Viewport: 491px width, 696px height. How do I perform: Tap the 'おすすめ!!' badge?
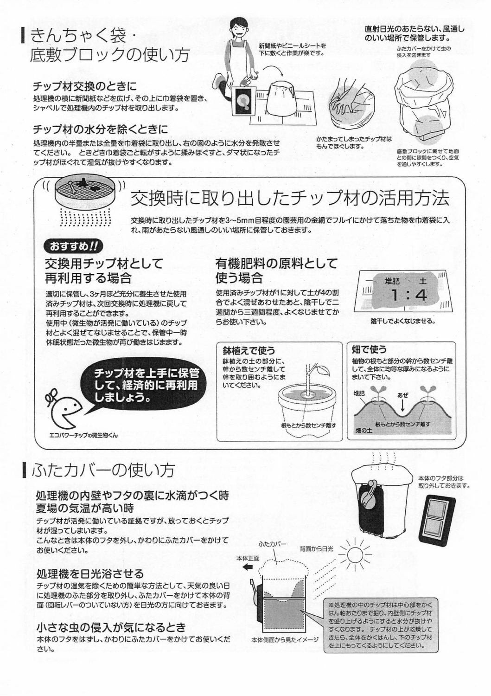[x=74, y=247]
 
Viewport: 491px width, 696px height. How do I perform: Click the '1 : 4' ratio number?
[x=408, y=295]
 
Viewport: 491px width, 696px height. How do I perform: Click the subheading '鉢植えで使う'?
[x=249, y=350]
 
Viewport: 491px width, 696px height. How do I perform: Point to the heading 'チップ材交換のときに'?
[x=84, y=86]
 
